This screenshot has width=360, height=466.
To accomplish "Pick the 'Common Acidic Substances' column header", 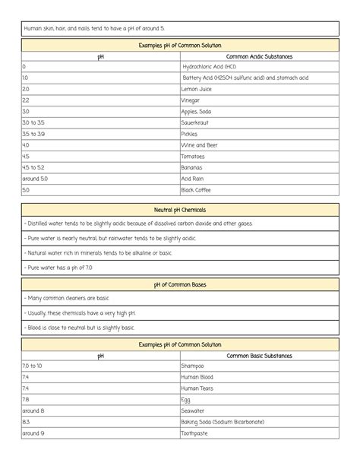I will coord(259,56).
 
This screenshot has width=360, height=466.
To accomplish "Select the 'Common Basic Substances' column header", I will coord(259,356).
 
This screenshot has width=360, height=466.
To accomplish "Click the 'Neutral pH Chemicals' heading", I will coord(179,209).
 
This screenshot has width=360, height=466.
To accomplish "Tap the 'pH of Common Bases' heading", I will coord(179,284).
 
